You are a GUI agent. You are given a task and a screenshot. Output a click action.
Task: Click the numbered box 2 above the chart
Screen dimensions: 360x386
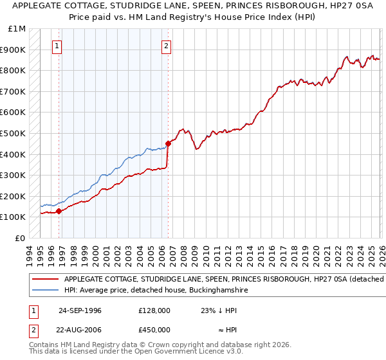click(x=167, y=45)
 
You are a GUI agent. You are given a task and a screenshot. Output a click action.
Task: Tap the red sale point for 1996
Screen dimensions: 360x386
click(x=59, y=210)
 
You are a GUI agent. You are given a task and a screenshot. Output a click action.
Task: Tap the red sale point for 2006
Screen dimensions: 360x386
click(x=168, y=143)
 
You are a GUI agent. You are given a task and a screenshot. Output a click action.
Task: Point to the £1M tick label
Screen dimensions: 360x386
click(x=17, y=29)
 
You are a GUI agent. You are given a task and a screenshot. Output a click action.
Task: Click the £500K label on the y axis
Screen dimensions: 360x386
click(x=13, y=134)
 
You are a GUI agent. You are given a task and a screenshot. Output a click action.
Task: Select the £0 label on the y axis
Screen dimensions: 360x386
click(x=20, y=238)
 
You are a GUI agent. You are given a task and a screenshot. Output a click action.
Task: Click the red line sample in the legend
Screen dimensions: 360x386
click(x=44, y=280)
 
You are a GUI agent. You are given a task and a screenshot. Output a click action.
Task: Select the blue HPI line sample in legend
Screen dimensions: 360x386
click(x=44, y=291)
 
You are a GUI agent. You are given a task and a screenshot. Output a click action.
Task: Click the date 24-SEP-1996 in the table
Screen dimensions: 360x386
click(x=80, y=310)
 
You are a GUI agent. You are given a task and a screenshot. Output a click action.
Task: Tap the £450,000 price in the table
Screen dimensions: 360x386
click(x=154, y=329)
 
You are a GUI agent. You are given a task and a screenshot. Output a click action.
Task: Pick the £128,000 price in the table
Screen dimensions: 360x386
click(x=154, y=310)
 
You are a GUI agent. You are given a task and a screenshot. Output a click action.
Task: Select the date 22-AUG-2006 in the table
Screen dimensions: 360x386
click(x=80, y=329)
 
